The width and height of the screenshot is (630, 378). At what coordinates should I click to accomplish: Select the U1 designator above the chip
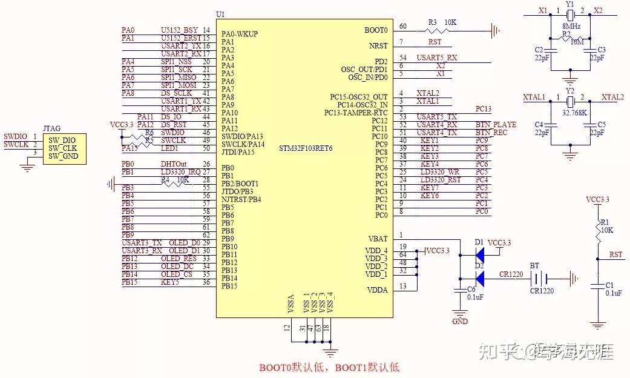(x=220, y=14)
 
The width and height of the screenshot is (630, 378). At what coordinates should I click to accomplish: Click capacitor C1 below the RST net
(x=598, y=285)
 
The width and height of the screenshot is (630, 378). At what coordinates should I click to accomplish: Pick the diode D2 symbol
(x=479, y=278)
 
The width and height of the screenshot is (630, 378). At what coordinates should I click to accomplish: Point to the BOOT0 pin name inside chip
(x=376, y=30)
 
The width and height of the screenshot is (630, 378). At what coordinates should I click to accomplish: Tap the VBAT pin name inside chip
(x=377, y=239)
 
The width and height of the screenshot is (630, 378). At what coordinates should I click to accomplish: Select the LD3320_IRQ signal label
(x=180, y=172)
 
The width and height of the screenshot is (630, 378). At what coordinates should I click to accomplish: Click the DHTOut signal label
(x=173, y=164)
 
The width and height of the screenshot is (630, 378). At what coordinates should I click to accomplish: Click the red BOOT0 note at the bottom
(x=329, y=367)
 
